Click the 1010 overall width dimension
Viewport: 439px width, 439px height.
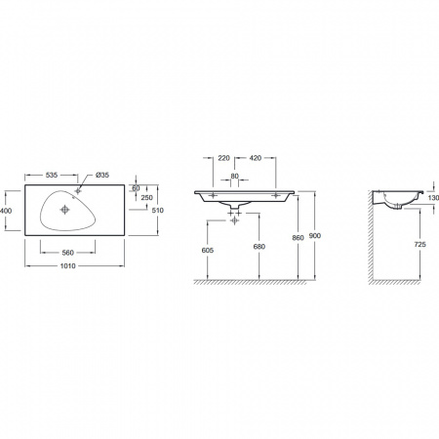[x=67, y=266]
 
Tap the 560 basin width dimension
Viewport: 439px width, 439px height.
[x=67, y=253]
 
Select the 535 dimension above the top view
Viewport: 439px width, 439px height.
[x=52, y=175]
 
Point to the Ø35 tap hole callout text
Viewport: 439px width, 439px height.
[x=102, y=175]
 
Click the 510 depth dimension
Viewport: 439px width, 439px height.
[x=158, y=211]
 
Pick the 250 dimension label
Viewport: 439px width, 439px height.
[x=146, y=198]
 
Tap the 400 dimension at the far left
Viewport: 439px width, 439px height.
[x=6, y=211]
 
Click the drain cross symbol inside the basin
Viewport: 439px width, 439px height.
[x=65, y=210]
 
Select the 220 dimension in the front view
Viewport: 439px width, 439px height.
[x=223, y=158]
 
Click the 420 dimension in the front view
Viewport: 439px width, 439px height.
[x=256, y=158]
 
